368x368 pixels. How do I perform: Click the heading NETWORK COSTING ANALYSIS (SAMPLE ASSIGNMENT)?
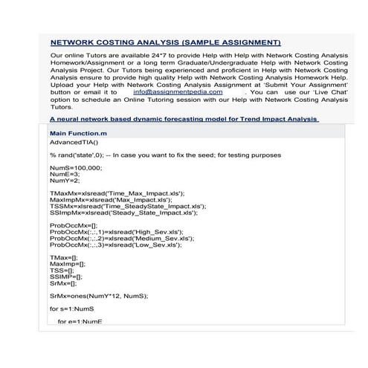point(165,42)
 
